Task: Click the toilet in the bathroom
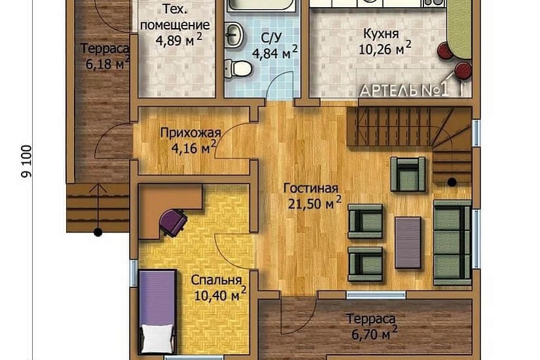pyautogui.click(x=238, y=68)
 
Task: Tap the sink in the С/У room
pyautogui.click(x=234, y=35)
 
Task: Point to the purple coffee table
pyautogui.click(x=408, y=243)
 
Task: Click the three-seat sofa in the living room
pyautogui.click(x=452, y=243)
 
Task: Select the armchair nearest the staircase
pyautogui.click(x=408, y=174)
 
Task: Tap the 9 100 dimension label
pyautogui.click(x=27, y=161)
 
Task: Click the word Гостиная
pyautogui.click(x=311, y=189)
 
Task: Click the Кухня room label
pyautogui.click(x=381, y=34)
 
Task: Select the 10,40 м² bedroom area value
pyautogui.click(x=221, y=295)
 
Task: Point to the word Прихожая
pyautogui.click(x=190, y=133)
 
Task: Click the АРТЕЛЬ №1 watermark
pyautogui.click(x=405, y=90)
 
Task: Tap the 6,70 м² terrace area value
pyautogui.click(x=374, y=333)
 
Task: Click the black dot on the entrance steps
pyautogui.click(x=98, y=232)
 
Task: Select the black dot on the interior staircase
pyautogui.click(x=452, y=182)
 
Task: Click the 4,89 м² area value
pyautogui.click(x=179, y=41)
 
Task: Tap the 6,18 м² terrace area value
pyautogui.click(x=108, y=63)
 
